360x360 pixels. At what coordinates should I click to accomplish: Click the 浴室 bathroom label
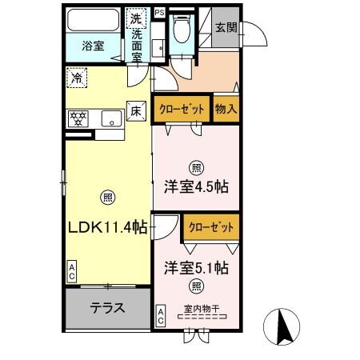click(94, 46)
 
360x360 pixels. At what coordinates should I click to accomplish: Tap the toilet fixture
click(182, 29)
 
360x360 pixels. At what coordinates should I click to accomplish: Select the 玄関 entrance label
click(226, 26)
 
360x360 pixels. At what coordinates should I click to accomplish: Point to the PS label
click(159, 13)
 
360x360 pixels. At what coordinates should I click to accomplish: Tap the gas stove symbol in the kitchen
click(79, 118)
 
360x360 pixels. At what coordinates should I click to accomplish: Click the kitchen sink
click(110, 119)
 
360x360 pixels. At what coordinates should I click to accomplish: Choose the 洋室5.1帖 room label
click(197, 267)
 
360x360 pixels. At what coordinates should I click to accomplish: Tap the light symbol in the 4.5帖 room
click(196, 167)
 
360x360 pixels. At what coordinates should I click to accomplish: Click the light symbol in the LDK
click(107, 197)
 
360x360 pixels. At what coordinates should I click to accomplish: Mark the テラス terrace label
click(106, 308)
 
